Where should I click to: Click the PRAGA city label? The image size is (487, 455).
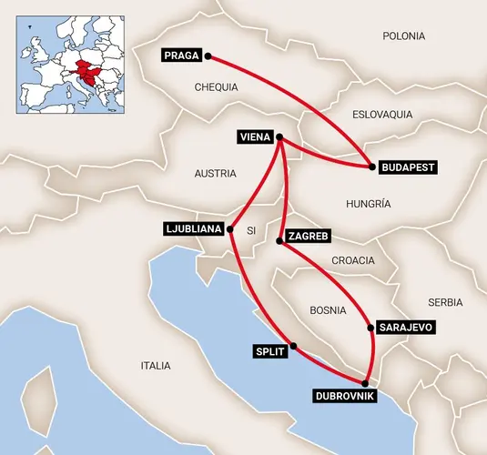point(182,56)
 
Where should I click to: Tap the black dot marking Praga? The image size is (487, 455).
point(208,56)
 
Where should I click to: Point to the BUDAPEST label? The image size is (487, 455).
point(407,167)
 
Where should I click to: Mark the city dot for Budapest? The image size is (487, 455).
point(371,167)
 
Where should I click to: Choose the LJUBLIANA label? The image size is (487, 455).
point(193,228)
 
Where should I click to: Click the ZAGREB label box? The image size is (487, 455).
point(307,237)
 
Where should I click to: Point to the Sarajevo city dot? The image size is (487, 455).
point(369,327)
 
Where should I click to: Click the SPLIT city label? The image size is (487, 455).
point(270,350)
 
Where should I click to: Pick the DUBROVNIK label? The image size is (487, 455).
point(343,396)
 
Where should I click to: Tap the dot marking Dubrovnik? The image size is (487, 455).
point(365,383)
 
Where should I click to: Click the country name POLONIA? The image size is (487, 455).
point(403,36)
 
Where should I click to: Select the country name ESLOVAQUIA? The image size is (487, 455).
point(381,115)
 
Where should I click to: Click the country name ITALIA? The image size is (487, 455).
point(156,366)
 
